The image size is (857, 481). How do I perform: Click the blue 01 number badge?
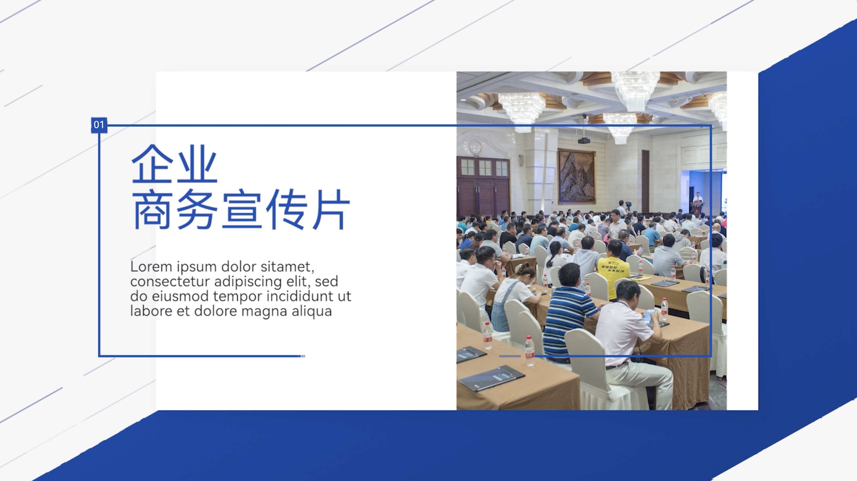click(99, 125)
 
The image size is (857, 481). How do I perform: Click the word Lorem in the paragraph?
click(151, 267)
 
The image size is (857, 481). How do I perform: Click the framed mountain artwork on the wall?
click(577, 177)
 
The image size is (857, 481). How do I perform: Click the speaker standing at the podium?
click(697, 199)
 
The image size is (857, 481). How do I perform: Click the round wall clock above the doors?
click(475, 147)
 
